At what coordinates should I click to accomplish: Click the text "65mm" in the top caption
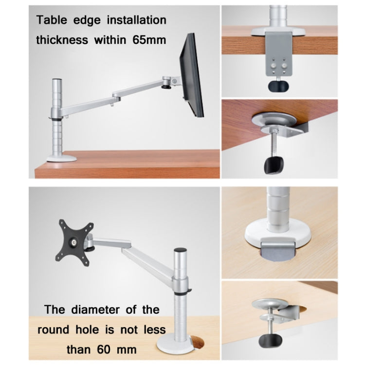coord(149,40)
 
